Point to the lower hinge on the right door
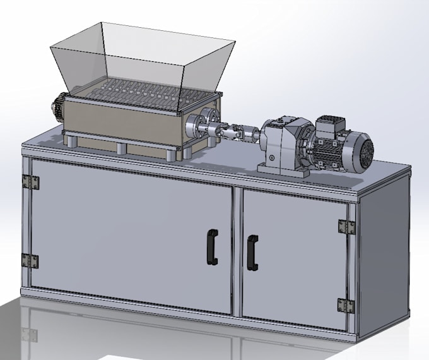click(344, 306)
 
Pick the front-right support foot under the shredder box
click(170, 154)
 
